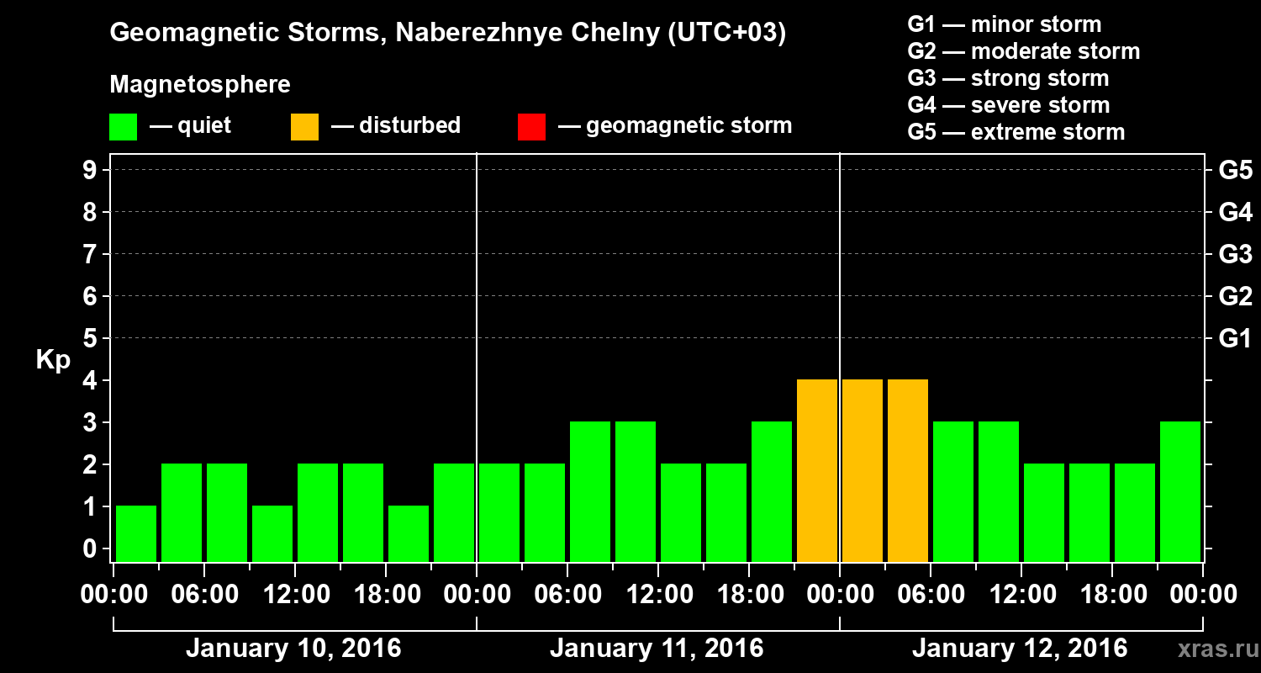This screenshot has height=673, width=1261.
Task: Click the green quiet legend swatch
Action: point(123,127)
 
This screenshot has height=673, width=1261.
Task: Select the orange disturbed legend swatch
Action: point(304,127)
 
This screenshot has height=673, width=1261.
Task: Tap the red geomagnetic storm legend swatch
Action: point(531,127)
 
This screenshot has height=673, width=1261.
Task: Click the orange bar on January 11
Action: point(817,470)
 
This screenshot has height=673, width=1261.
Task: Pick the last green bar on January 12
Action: point(1180,491)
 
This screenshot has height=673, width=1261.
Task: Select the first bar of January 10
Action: point(136,533)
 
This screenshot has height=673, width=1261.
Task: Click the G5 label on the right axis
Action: point(1235,170)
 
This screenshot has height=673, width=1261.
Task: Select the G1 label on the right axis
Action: point(1235,338)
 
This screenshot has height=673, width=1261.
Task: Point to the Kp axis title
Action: point(53,360)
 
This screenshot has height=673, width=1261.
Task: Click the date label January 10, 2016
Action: point(293,649)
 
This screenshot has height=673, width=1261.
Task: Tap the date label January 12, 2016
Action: point(1019,649)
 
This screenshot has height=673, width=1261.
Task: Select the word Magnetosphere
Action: point(200,85)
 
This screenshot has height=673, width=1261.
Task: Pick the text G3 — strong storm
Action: point(1008,78)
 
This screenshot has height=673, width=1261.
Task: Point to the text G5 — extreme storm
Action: point(1016,132)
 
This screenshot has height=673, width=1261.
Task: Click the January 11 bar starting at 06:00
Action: point(590,491)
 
